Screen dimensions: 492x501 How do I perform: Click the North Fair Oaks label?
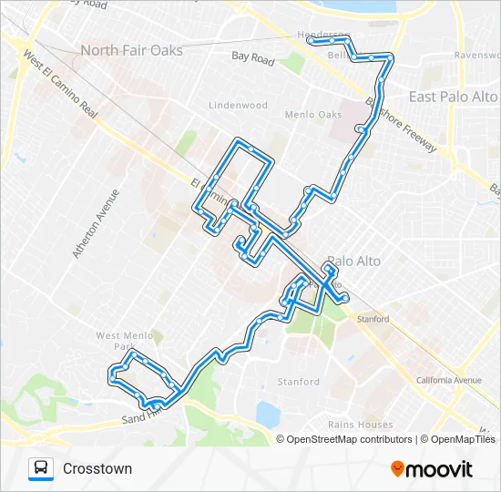point(131,50)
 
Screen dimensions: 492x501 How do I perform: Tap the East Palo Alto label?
point(453,97)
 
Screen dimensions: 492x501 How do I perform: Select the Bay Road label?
point(253,57)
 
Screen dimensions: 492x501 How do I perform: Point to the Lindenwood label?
point(239,106)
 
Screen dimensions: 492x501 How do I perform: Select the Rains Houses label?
point(362,425)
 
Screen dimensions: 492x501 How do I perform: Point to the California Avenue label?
point(448,380)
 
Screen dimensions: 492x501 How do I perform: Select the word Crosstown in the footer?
point(97,469)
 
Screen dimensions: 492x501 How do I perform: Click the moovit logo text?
point(440,470)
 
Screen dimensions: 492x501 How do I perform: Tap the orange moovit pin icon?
point(397,469)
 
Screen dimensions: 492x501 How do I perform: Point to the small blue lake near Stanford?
point(267,415)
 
